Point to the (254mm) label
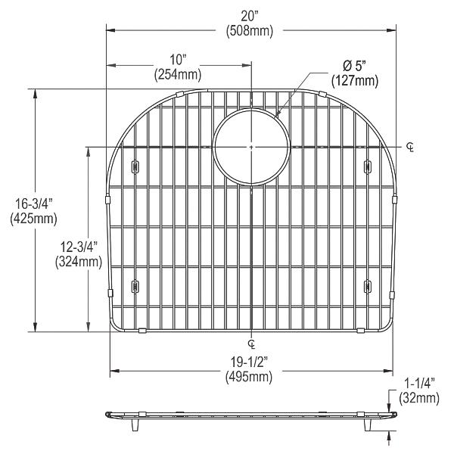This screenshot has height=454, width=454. click(x=178, y=74)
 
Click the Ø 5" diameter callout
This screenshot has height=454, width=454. click(x=354, y=67)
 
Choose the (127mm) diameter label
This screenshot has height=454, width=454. click(x=354, y=80)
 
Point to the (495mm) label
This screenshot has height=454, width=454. click(x=251, y=375)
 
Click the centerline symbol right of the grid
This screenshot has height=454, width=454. click(x=410, y=146)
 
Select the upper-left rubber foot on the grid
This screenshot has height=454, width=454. click(x=135, y=166)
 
